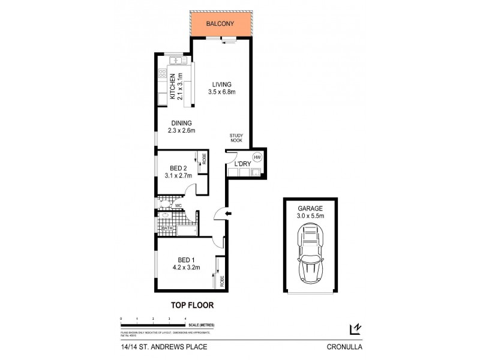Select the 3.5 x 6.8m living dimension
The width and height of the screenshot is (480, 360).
click(221, 92)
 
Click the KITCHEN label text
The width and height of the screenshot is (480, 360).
click(172, 86)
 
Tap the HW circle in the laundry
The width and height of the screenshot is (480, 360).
click(257, 157)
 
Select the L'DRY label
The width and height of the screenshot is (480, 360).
click(242, 163)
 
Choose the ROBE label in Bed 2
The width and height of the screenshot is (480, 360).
click(204, 159)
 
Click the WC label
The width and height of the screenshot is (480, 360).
click(178, 206)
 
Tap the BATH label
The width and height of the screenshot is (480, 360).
click(166, 227)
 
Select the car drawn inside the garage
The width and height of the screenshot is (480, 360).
click(310, 255)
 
